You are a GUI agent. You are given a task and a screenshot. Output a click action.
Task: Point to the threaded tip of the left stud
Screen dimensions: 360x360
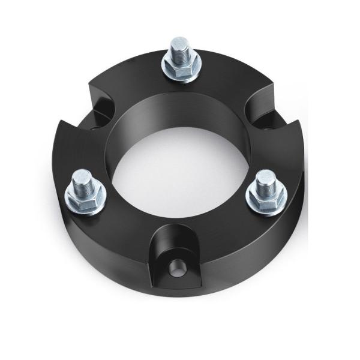point(83,178)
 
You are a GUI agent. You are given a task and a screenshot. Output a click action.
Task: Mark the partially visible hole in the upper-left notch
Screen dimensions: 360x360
point(96,127)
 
